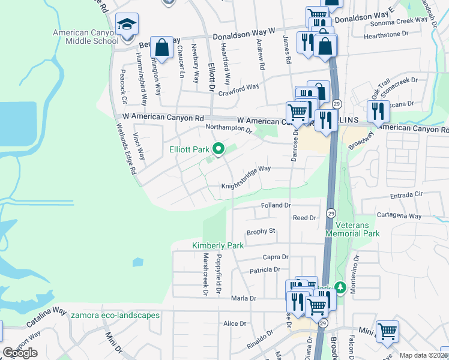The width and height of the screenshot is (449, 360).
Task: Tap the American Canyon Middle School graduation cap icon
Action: (127, 25)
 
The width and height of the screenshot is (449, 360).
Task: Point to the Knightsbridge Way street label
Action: (246, 178)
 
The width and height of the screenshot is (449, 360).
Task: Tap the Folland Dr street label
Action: (276, 205)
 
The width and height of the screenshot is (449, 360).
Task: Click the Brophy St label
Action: (261, 230)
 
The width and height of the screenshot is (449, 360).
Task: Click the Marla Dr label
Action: (244, 298)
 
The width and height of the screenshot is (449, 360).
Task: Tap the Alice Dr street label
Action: (235, 323)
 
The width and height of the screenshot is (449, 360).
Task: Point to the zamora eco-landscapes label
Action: (115, 315)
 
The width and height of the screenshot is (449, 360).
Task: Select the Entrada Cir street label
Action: (406, 195)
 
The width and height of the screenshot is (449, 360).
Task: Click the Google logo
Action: (20, 353)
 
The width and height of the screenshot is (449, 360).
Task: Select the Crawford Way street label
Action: (238, 88)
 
